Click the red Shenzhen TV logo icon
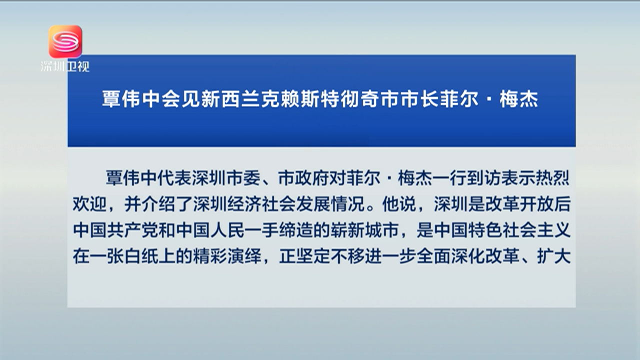[65, 42]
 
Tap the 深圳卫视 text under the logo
[65, 66]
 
